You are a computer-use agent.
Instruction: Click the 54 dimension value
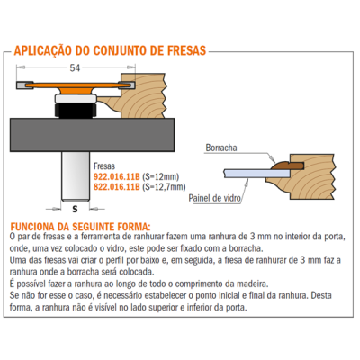coord(75,68)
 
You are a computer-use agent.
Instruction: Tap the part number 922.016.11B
coord(117,176)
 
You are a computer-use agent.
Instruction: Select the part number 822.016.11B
coord(117,187)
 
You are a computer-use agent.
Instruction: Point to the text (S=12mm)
coord(161,176)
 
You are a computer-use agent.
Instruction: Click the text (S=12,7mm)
coord(164,187)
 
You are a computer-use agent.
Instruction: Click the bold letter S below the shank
coord(75,209)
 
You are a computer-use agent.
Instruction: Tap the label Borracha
coord(221,148)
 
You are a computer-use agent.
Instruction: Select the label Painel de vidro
coord(214,198)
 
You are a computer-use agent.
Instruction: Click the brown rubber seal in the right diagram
coord(287,165)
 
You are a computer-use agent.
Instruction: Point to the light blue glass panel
coord(256,173)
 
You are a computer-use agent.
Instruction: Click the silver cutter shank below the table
coord(76,176)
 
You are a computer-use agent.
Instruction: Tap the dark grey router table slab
coord(92,135)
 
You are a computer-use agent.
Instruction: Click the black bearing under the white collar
coord(76,110)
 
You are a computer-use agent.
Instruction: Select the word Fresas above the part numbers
coord(104,166)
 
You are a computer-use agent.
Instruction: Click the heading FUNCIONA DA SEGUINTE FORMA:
coord(81,226)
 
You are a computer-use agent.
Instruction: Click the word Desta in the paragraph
coord(321,295)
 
